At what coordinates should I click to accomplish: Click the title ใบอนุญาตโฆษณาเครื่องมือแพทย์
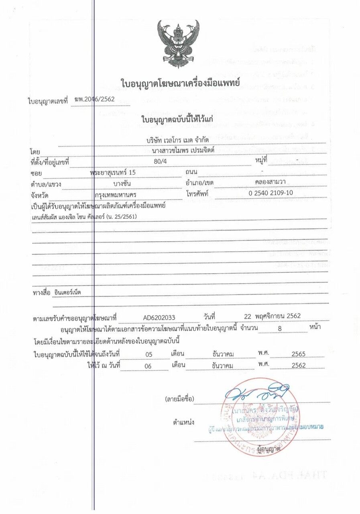point(180,83)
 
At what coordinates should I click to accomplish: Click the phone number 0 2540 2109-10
point(271,193)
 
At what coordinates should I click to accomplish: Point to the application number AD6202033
point(159,318)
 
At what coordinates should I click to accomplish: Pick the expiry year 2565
point(299,354)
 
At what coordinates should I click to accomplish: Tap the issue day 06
point(149,365)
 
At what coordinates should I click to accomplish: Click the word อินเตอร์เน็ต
point(67,292)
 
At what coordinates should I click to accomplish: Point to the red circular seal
point(260,417)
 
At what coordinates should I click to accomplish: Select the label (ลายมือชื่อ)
point(179,399)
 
